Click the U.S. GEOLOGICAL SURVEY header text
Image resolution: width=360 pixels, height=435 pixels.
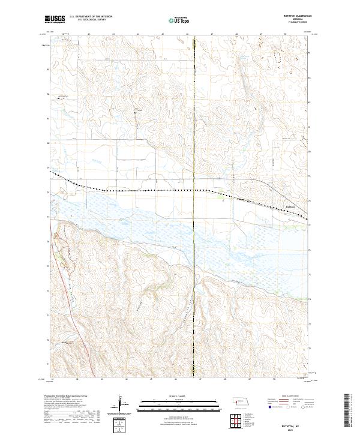(x=86, y=20)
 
